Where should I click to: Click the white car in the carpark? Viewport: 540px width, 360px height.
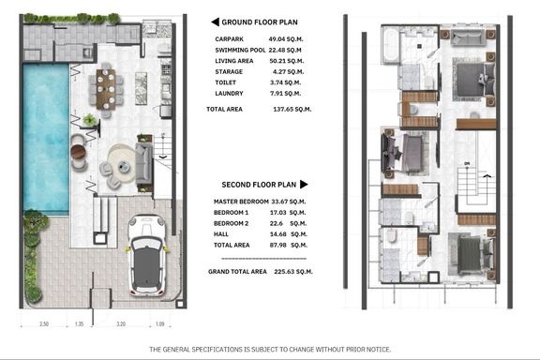pyautogui.click(x=147, y=255)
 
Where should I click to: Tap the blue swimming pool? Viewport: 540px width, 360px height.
pyautogui.click(x=46, y=139)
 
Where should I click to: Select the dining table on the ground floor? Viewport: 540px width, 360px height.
pyautogui.click(x=106, y=89)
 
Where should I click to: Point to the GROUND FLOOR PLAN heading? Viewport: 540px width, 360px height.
pyautogui.click(x=260, y=22)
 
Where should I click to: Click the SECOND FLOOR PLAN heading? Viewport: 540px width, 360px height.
pyautogui.click(x=259, y=185)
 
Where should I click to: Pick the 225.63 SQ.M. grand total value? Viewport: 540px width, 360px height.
pyautogui.click(x=293, y=272)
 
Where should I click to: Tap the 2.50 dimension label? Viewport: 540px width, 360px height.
pyautogui.click(x=44, y=323)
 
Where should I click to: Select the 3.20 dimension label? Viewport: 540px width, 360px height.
pyautogui.click(x=121, y=323)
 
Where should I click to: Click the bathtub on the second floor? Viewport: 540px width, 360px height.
pyautogui.click(x=390, y=45)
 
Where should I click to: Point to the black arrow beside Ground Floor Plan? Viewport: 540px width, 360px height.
pyautogui.click(x=215, y=22)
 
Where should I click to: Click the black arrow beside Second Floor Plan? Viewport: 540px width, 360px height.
pyautogui.click(x=304, y=185)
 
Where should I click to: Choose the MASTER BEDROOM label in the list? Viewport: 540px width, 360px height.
pyautogui.click(x=241, y=202)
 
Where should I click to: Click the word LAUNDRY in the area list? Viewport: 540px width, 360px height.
pyautogui.click(x=229, y=94)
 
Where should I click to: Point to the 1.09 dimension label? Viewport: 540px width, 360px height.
pyautogui.click(x=160, y=323)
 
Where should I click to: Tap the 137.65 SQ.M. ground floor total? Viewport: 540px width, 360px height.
pyautogui.click(x=292, y=109)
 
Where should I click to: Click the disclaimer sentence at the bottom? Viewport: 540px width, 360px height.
pyautogui.click(x=270, y=350)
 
